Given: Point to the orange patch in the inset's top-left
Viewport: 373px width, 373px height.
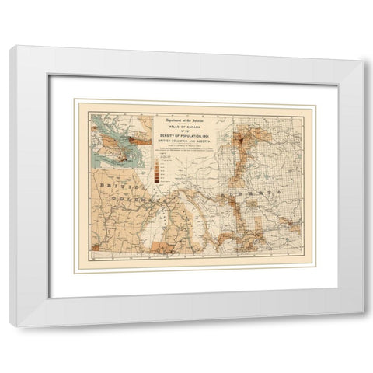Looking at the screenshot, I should click(x=98, y=121).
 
